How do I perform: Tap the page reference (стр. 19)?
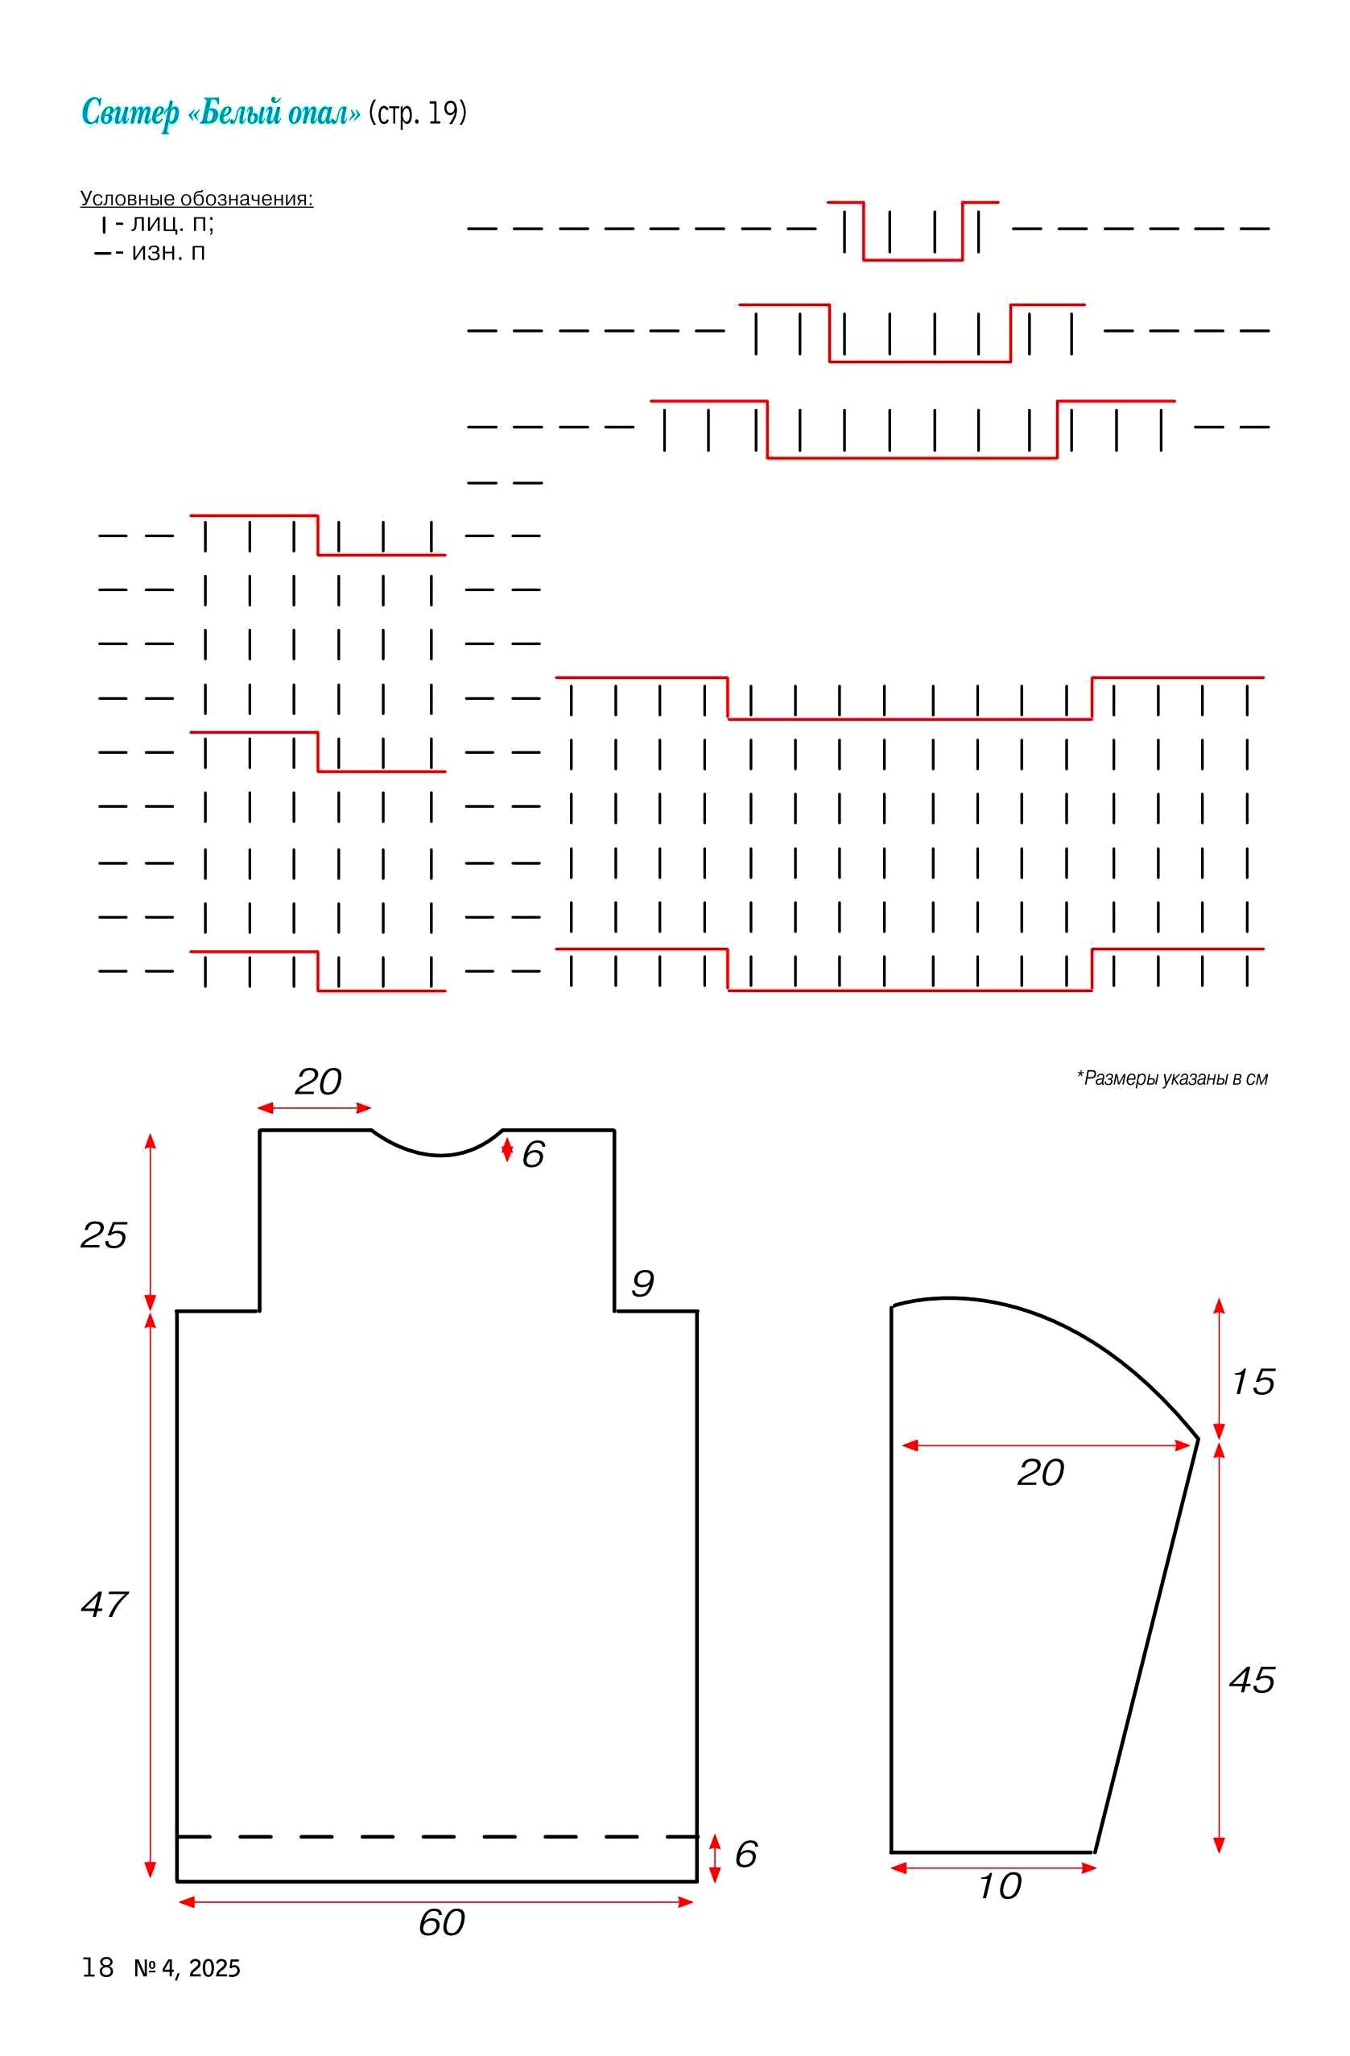coord(417,114)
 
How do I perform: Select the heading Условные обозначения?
coord(196,199)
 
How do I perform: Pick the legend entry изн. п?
coord(168,252)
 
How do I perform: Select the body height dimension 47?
coord(104,1604)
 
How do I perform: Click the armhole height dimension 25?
coord(104,1235)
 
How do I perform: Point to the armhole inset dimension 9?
coord(642,1283)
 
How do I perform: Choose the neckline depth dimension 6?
coord(533,1154)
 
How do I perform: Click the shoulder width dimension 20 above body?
coord(318,1082)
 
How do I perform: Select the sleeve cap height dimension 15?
coord(1253,1382)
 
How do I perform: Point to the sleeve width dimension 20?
coord(1040,1472)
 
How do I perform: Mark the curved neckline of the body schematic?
coord(440,1155)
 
